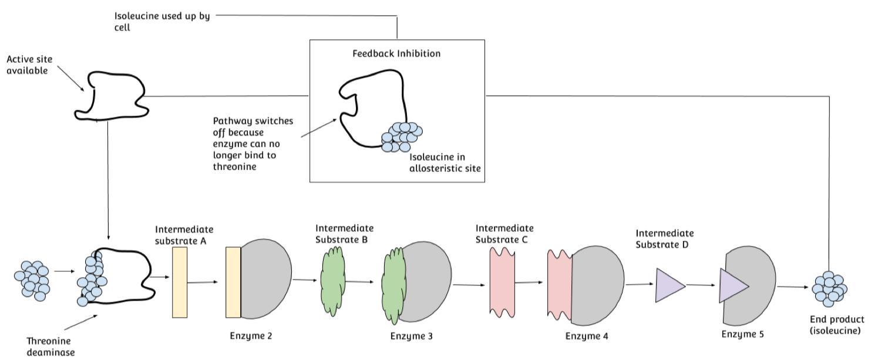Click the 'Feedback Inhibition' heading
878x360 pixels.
pyautogui.click(x=396, y=53)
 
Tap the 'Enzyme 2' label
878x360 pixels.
pyautogui.click(x=251, y=337)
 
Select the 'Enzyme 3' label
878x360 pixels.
pyautogui.click(x=412, y=337)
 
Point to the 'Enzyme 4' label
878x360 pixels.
pyautogui.click(x=587, y=337)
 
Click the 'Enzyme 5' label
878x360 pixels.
pyautogui.click(x=743, y=334)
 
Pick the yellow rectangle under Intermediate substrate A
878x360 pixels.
pyautogui.click(x=180, y=282)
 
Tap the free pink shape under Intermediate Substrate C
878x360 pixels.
pyautogui.click(x=502, y=282)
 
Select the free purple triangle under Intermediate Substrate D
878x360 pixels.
pyautogui.click(x=669, y=285)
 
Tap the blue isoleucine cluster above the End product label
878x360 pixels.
pyautogui.click(x=829, y=288)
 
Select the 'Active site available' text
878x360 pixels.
pyautogui.click(x=27, y=65)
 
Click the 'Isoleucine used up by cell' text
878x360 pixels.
pyautogui.click(x=162, y=22)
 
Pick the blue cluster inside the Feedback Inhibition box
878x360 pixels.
pyautogui.click(x=402, y=136)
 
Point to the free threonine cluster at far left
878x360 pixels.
pyautogui.click(x=32, y=280)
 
